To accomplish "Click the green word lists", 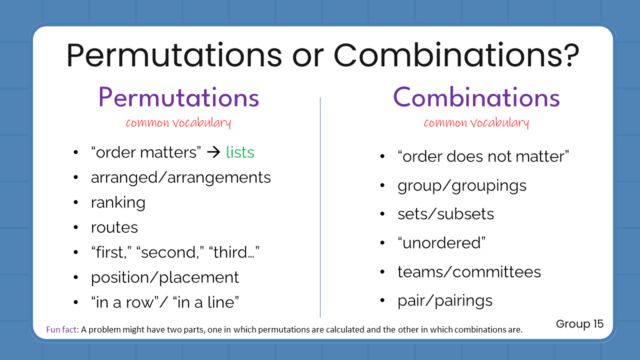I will pyautogui.click(x=240, y=152).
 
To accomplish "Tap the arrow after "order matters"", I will pyautogui.click(x=213, y=152).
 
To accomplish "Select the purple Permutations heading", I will pyautogui.click(x=179, y=97).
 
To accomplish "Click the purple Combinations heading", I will pyautogui.click(x=476, y=97).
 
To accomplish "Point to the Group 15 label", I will pyautogui.click(x=579, y=324).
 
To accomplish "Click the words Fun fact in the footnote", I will pyautogui.click(x=62, y=329).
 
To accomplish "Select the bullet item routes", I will pyautogui.click(x=114, y=227).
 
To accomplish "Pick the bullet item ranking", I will pyautogui.click(x=118, y=202).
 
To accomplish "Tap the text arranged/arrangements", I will pyautogui.click(x=180, y=177).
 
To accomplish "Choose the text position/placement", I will pyautogui.click(x=165, y=277).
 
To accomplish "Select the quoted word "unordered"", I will pyautogui.click(x=441, y=243).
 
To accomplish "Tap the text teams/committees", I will pyautogui.click(x=469, y=271).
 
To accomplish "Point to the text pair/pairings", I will pyautogui.click(x=445, y=300).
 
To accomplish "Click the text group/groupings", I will pyautogui.click(x=462, y=185).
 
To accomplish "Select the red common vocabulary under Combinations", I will pyautogui.click(x=476, y=122).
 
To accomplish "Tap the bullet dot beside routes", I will pyautogui.click(x=75, y=227).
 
